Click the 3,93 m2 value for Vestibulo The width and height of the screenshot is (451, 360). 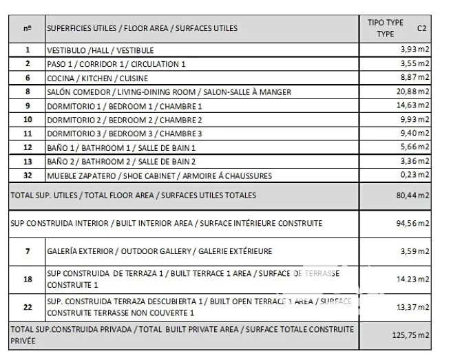click(415, 50)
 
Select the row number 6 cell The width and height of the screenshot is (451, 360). click(28, 78)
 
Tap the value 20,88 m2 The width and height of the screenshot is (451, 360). click(412, 92)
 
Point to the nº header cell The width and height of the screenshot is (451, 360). click(28, 28)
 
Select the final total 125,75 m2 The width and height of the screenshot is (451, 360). click(410, 335)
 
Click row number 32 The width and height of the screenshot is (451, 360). click(28, 176)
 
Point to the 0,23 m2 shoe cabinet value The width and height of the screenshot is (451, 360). click(415, 176)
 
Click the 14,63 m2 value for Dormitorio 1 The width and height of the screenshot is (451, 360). click(412, 106)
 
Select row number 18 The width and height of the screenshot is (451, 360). click(28, 279)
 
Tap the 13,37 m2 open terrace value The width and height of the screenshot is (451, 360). click(412, 307)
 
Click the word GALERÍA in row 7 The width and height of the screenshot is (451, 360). click(63, 251)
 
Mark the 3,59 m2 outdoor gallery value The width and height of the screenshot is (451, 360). click(415, 251)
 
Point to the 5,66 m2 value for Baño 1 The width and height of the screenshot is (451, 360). click(415, 147)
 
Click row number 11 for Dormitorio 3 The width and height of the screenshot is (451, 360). click(28, 134)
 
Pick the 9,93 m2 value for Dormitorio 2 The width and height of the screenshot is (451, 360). click(415, 120)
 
